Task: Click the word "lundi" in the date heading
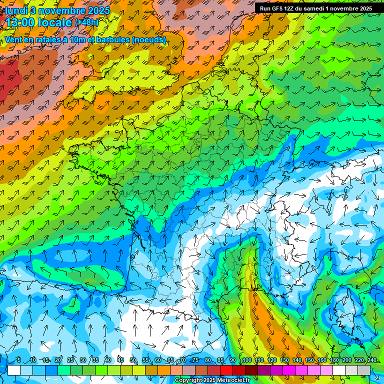tap(16, 10)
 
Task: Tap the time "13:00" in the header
tap(23, 22)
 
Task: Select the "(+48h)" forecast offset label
tap(87, 22)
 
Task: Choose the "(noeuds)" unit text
tap(148, 39)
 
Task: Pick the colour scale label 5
tap(18, 360)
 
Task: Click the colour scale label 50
tap(132, 360)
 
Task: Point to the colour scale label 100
tap(246, 360)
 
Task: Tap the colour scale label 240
tap(372, 360)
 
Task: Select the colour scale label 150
tap(309, 360)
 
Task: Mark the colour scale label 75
tap(195, 360)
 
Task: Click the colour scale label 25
tap(70, 360)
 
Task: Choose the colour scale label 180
tap(334, 360)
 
